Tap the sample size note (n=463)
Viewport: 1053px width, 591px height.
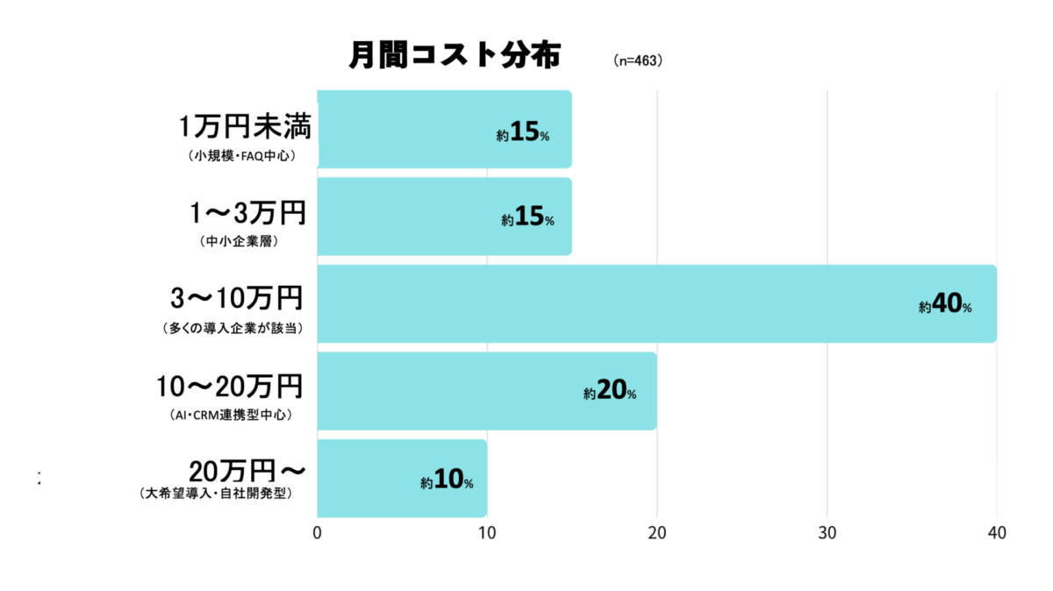[x=638, y=61]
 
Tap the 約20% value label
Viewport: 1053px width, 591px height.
[x=610, y=393]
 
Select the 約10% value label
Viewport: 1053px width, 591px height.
[x=447, y=481]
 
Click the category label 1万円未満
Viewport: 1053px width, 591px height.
[x=245, y=127]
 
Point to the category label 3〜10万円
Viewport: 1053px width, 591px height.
[x=237, y=298]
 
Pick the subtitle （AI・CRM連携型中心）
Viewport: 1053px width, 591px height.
[x=231, y=415]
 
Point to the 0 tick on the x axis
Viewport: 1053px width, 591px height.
[x=317, y=532]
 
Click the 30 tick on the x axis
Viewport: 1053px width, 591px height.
[x=827, y=532]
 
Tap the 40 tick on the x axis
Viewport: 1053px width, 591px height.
[x=996, y=532]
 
